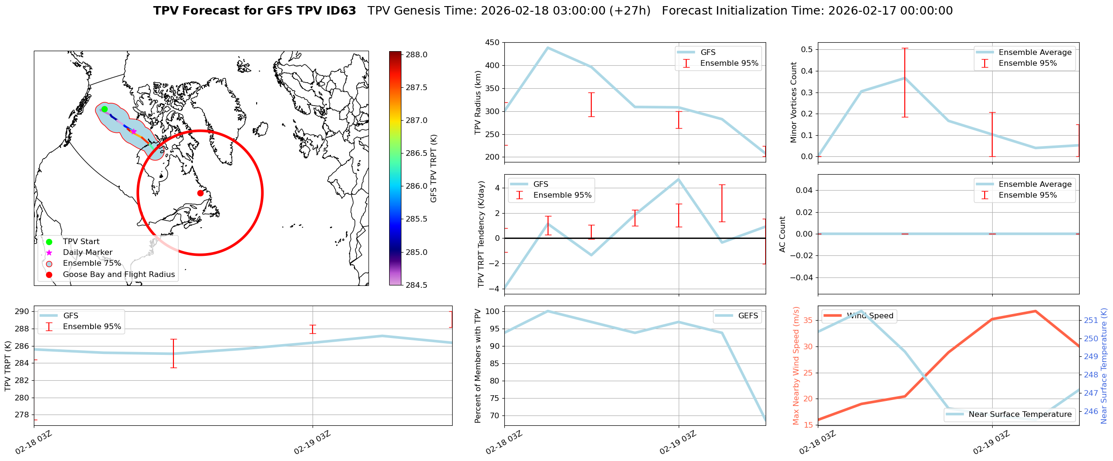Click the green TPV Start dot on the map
pyautogui.click(x=104, y=109)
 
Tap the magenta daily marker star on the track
pyautogui.click(x=133, y=132)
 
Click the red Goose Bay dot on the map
pyautogui.click(x=200, y=193)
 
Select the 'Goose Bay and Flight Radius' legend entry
pyautogui.click(x=118, y=275)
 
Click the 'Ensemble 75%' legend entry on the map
pyautogui.click(x=92, y=263)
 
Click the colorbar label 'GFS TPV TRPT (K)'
pyautogui.click(x=433, y=169)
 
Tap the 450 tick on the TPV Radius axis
pyautogui.click(x=493, y=43)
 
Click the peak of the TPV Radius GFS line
pyautogui.click(x=548, y=47)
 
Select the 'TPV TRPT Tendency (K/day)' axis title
pyautogui.click(x=481, y=234)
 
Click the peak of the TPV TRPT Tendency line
pyautogui.click(x=678, y=179)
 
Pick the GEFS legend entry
pyautogui.click(x=748, y=316)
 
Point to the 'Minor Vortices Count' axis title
pyautogui.click(x=794, y=102)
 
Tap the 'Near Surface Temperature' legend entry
pyautogui.click(x=1020, y=415)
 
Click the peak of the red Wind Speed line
pyautogui.click(x=1035, y=311)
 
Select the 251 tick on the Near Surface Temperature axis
pyautogui.click(x=1090, y=321)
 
